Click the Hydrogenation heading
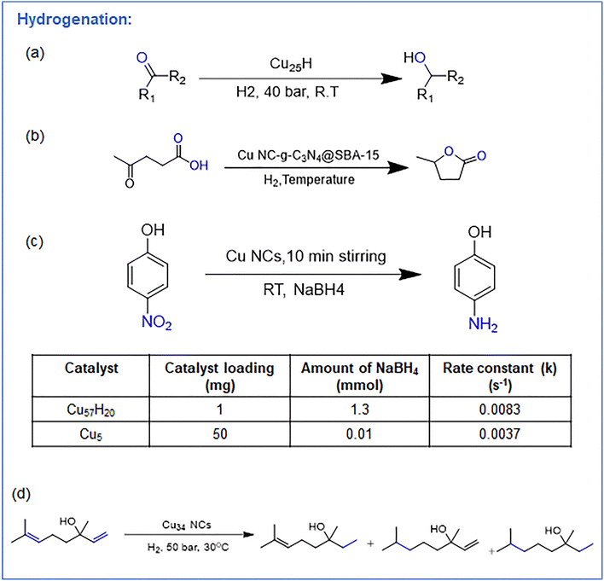tap(74, 20)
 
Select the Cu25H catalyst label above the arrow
tap(291, 64)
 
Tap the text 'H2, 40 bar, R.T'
tap(287, 92)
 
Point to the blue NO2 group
tap(156, 322)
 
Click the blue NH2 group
tap(483, 324)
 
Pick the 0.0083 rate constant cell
tap(500, 410)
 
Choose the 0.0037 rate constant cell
tap(500, 433)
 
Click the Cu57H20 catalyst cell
tap(91, 410)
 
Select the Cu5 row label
tap(91, 434)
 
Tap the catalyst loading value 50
tap(220, 433)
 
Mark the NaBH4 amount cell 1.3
tap(360, 410)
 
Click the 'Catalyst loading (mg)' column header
tap(219, 376)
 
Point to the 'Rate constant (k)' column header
tap(500, 376)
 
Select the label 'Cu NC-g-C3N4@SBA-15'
tap(308, 155)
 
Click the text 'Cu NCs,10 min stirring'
tap(306, 256)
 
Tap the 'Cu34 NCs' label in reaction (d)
tap(187, 526)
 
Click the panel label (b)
tap(35, 136)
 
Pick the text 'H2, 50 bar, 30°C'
tap(188, 547)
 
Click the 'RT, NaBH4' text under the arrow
tap(304, 289)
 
